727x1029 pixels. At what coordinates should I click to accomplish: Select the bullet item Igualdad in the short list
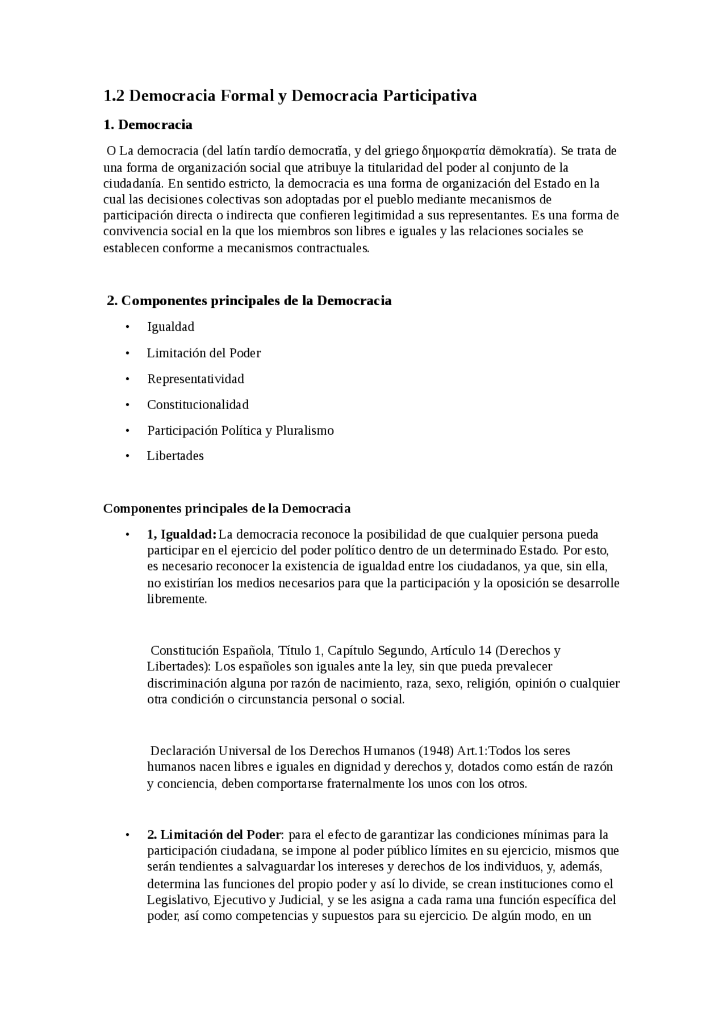(x=170, y=327)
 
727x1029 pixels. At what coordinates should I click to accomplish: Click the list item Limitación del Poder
(x=203, y=353)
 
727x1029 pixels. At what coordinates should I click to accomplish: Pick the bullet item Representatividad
(x=195, y=379)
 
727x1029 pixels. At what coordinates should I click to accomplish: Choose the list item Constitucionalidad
(x=198, y=405)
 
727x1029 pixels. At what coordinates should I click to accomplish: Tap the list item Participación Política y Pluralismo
(x=240, y=431)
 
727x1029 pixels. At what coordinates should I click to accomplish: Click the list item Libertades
(x=175, y=456)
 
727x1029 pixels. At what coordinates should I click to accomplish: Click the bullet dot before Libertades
(x=128, y=456)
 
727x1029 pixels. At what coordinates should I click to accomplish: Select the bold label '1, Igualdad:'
(x=182, y=535)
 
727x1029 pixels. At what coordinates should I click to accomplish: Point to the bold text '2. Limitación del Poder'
(x=214, y=835)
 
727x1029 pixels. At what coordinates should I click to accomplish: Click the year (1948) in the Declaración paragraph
(x=436, y=751)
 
